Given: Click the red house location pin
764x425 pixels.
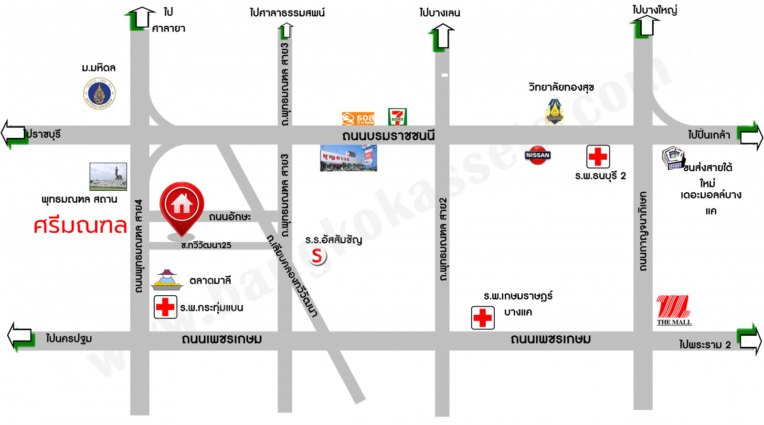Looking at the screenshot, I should [x=181, y=205].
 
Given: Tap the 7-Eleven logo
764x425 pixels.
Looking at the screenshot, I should [x=397, y=117].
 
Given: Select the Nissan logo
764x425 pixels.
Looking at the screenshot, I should [x=538, y=155].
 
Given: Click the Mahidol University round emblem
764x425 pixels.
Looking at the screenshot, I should [x=99, y=93].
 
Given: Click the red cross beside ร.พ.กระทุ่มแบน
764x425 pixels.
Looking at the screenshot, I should [x=166, y=307].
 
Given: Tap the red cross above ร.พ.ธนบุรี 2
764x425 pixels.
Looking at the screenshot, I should [x=598, y=156].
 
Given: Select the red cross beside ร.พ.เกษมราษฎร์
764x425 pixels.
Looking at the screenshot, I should [x=483, y=317].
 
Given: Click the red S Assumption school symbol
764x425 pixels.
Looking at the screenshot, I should [x=317, y=256].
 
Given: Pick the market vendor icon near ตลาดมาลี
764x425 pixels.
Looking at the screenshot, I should [x=167, y=280].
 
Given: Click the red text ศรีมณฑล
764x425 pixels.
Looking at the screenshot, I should [x=80, y=226].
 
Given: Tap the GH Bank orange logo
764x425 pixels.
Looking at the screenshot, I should [x=358, y=118].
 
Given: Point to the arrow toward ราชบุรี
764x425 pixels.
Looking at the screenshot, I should [x=13, y=134].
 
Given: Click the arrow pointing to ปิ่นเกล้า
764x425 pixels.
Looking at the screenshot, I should [x=750, y=136].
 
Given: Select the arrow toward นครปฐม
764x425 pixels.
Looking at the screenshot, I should [x=20, y=336].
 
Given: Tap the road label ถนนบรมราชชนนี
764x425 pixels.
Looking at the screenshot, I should [x=388, y=136].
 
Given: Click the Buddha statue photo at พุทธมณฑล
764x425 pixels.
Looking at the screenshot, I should [x=108, y=176].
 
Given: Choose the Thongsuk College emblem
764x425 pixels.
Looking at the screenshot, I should [x=554, y=112].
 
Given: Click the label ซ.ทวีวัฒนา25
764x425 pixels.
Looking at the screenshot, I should [x=206, y=245].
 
